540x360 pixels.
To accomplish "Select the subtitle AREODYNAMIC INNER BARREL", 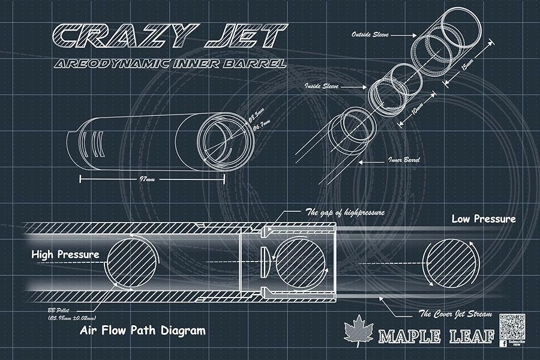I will [169, 64].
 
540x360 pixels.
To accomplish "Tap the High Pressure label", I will [65, 254].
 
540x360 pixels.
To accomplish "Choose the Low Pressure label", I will [483, 219].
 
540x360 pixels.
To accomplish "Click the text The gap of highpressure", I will [345, 212].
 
